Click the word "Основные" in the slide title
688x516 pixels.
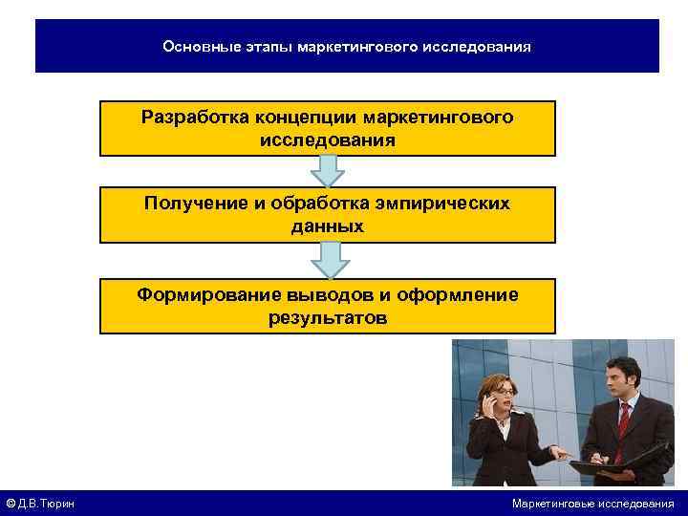coord(196,46)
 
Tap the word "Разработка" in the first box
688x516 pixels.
coord(195,118)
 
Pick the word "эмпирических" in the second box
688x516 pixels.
coord(447,204)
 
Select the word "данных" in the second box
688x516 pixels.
coord(328,227)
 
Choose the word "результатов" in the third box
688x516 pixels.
coord(328,318)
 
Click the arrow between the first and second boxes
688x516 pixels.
coord(328,171)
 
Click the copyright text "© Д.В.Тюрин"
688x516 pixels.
coord(41,504)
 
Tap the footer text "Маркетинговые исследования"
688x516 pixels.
coord(592,504)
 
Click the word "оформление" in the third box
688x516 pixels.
coord(462,294)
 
